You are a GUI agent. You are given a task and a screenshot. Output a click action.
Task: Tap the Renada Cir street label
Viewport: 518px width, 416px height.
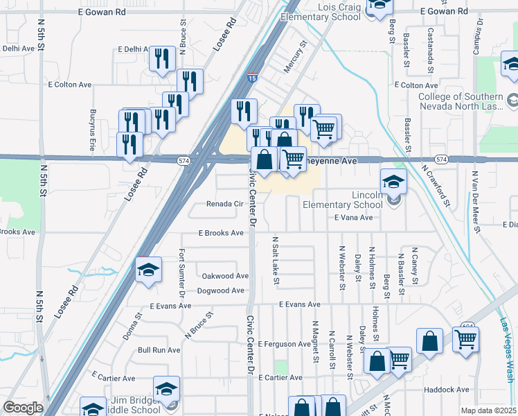tap(226, 205)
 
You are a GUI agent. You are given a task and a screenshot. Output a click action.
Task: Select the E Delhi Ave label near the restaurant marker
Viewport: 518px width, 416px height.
tap(134, 49)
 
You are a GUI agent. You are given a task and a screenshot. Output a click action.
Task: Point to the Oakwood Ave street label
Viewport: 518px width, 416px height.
tap(224, 275)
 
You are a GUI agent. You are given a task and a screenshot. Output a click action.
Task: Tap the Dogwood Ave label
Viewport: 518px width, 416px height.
tap(222, 291)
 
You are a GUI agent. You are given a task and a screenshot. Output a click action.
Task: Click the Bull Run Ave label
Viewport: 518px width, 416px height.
tap(159, 350)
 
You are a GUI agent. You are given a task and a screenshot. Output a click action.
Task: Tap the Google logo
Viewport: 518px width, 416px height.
tap(23, 408)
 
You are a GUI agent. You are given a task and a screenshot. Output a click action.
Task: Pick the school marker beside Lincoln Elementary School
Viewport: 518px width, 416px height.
tap(393, 183)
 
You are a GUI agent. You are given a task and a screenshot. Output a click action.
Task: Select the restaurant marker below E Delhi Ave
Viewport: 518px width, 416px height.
tap(162, 60)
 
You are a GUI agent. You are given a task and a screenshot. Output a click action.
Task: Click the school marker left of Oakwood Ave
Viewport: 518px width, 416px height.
tap(148, 271)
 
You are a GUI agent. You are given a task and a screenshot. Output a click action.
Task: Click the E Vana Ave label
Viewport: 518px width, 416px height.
tap(353, 218)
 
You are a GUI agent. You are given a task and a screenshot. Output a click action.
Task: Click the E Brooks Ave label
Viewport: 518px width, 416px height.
tap(221, 234)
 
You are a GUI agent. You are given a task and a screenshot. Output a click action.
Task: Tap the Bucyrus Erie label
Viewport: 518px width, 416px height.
tap(92, 130)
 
